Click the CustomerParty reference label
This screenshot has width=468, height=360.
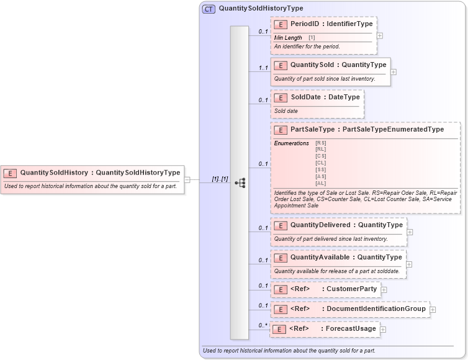click(351, 289)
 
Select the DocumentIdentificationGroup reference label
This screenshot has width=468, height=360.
click(376, 309)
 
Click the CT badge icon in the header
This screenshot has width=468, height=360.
click(209, 9)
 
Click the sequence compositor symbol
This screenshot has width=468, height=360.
click(240, 182)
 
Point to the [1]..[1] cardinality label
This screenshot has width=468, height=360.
click(220, 179)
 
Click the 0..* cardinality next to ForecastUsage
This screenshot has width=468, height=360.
click(263, 325)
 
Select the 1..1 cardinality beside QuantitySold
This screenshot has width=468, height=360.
click(263, 68)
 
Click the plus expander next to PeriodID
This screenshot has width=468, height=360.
click(380, 35)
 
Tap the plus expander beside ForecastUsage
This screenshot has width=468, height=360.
click(382, 330)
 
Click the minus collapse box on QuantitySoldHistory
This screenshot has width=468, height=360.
click(187, 180)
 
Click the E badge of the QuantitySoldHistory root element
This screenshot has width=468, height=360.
click(11, 173)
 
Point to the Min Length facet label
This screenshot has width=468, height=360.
click(288, 38)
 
